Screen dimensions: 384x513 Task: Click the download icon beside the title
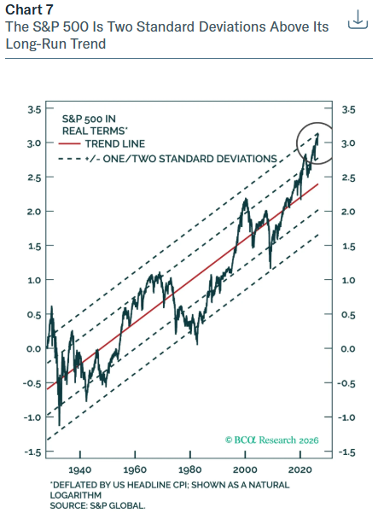358,20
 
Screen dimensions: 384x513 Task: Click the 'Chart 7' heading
29,9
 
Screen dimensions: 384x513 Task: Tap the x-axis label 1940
80,470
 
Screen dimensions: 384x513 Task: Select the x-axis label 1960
135,470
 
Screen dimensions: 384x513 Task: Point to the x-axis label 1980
189,470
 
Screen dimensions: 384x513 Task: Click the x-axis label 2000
245,470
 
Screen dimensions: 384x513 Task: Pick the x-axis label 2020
300,470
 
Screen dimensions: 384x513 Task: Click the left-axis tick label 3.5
35,109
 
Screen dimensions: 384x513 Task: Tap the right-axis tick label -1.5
346,452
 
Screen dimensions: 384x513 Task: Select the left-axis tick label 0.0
34,349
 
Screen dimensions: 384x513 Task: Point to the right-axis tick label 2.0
348,212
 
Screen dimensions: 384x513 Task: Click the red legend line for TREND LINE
69,143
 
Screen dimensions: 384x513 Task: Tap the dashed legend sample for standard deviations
70,159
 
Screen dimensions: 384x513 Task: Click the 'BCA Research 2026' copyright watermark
272,440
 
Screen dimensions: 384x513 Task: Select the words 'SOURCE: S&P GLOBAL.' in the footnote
97,505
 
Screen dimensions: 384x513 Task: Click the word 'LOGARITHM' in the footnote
76,495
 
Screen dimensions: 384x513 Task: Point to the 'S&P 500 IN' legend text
89,119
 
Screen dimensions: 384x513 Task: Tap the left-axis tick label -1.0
32,417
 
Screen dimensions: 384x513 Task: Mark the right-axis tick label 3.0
348,143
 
